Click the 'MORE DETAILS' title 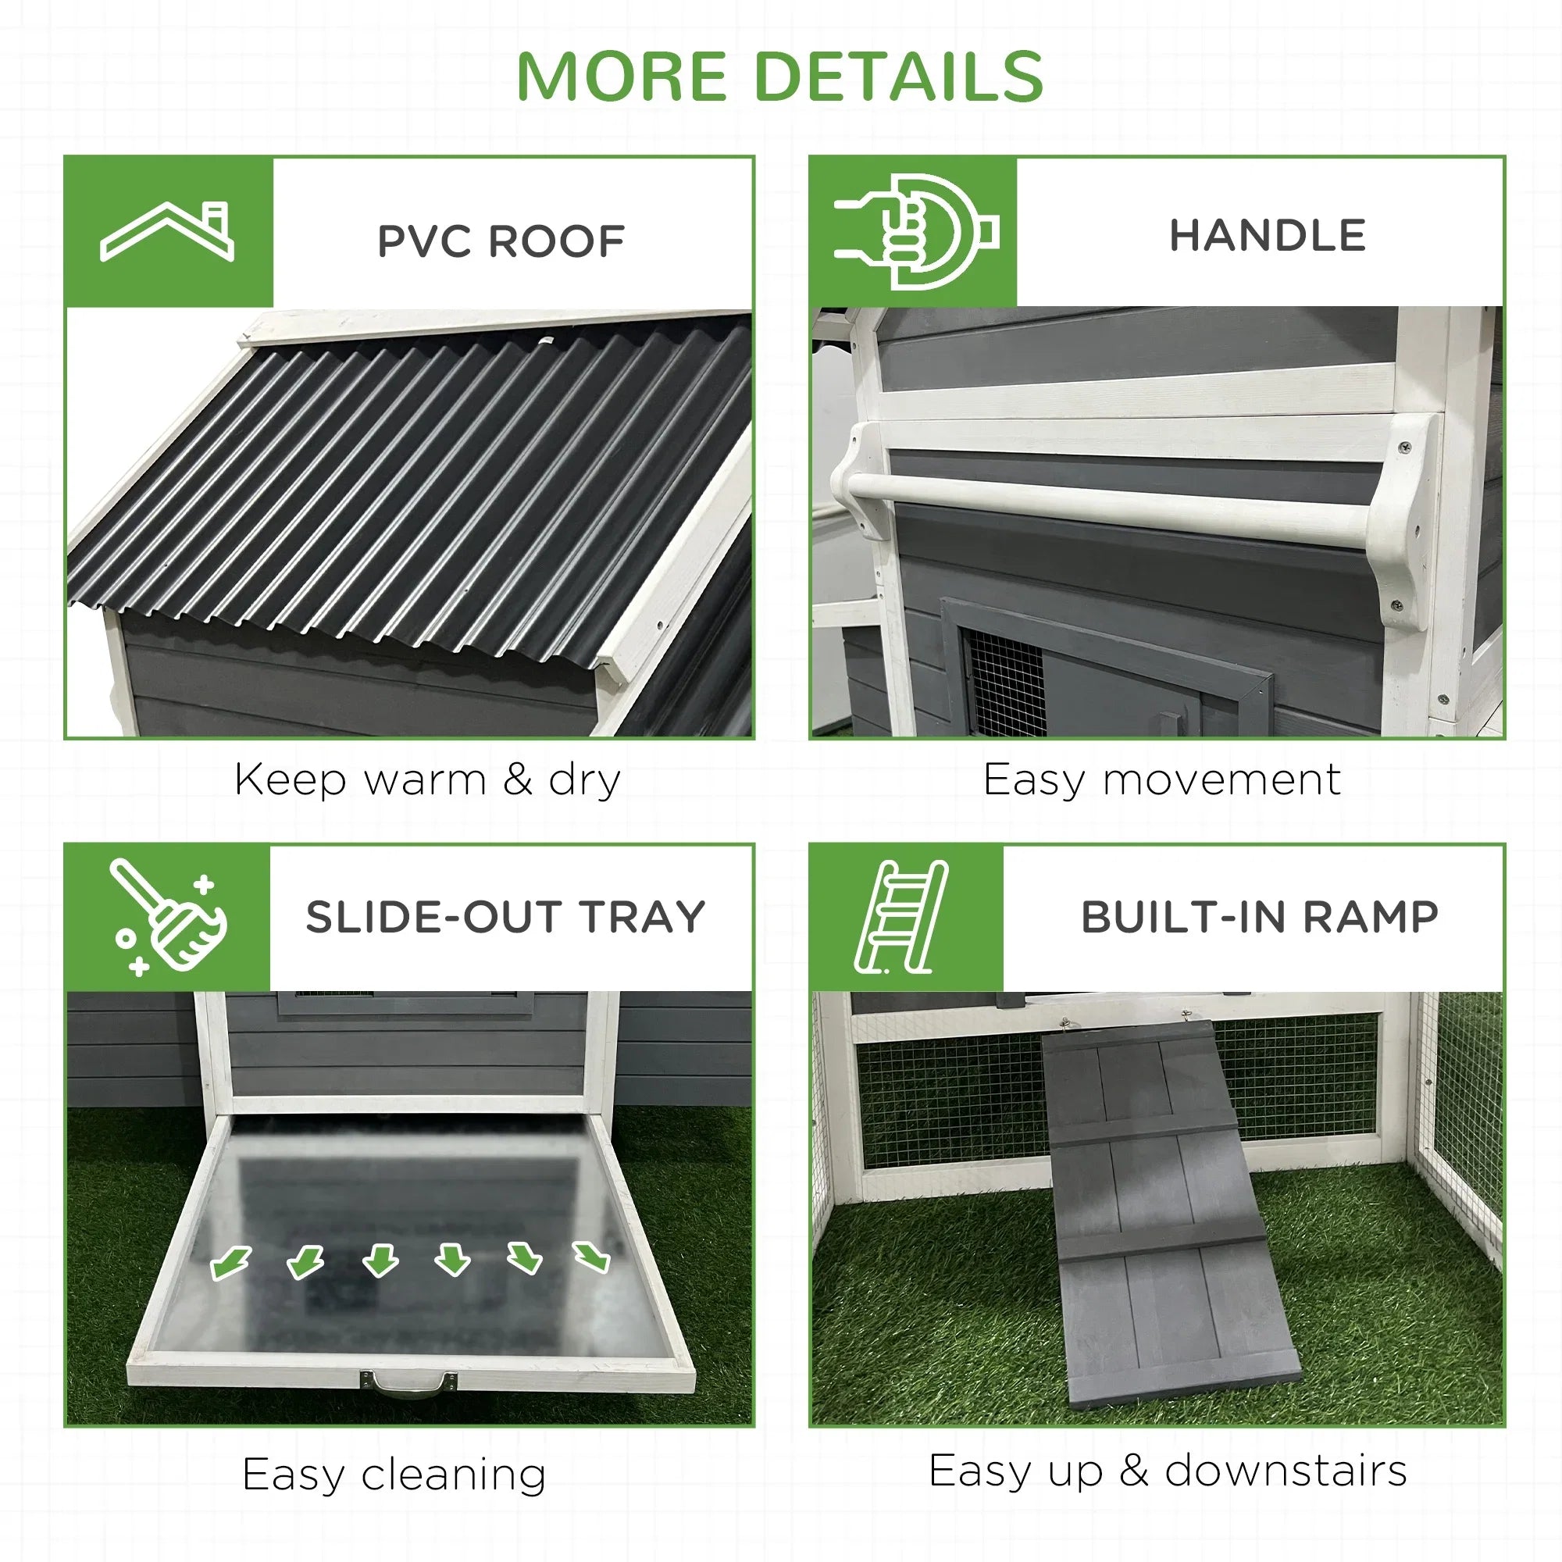[779, 77]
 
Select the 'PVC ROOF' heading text [501, 241]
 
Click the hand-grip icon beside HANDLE [917, 231]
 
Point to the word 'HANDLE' [1268, 235]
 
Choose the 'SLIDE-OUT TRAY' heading [505, 917]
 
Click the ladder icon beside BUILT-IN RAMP [900, 917]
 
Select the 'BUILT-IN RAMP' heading [1260, 917]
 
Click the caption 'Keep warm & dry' [428, 780]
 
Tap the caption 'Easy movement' [1162, 780]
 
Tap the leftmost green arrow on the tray [231, 1262]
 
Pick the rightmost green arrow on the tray [591, 1257]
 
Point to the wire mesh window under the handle [1005, 680]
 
